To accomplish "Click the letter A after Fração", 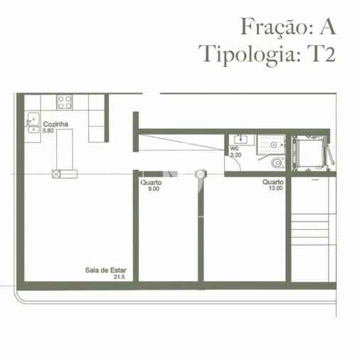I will (x=327, y=26).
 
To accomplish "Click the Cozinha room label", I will (x=54, y=125).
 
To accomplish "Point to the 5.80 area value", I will (x=48, y=132).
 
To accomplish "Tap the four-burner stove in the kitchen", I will (x=65, y=101).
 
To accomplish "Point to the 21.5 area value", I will (x=119, y=277).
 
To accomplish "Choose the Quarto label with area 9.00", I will (x=151, y=183).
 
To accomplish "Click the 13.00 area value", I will (x=275, y=189).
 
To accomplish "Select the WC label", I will (x=234, y=148).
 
